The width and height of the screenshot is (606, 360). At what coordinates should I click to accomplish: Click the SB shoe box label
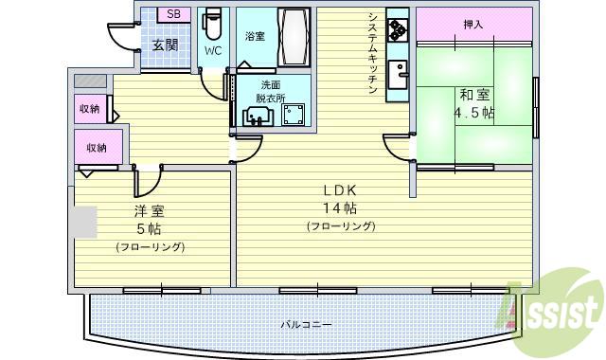(x=172, y=14)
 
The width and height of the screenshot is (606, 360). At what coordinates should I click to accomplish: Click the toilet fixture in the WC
(x=213, y=20)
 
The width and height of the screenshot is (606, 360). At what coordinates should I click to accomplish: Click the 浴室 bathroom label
(x=255, y=37)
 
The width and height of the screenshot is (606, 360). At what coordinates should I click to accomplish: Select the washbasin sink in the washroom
(x=257, y=116)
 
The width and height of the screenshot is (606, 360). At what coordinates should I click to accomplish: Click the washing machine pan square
(x=293, y=115)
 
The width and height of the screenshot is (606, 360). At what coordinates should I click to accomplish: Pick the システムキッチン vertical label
(x=373, y=56)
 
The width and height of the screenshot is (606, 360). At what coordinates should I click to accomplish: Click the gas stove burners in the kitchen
(x=397, y=29)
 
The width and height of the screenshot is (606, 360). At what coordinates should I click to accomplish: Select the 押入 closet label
(x=473, y=24)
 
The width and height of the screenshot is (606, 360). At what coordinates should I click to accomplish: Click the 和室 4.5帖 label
(x=474, y=102)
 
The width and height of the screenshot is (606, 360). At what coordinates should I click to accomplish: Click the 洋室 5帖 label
(x=150, y=221)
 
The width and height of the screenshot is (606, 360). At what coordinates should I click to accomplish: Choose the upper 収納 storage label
(x=90, y=109)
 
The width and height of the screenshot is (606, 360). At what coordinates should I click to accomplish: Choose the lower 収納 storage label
(x=96, y=148)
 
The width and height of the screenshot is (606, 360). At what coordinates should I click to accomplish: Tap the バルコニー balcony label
(x=306, y=325)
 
